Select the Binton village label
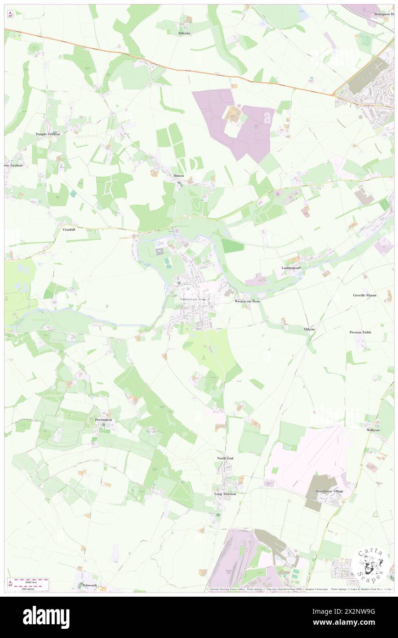click(x=179, y=176)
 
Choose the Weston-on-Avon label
click(x=247, y=302)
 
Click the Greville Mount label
click(x=365, y=295)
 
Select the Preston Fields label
click(x=360, y=332)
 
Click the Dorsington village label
click(x=103, y=420)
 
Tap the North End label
click(x=225, y=458)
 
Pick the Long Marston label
click(x=225, y=494)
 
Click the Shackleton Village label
click(x=329, y=491)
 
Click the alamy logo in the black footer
click(x=46, y=617)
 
